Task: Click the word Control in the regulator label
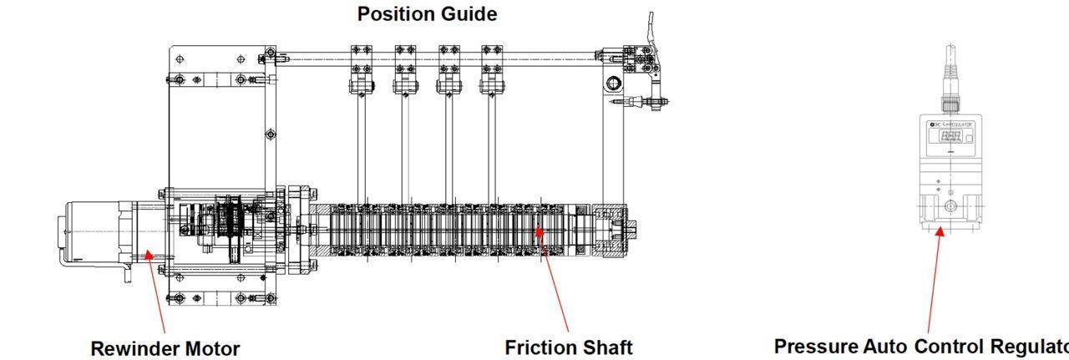[x=950, y=347]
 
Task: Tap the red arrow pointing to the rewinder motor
[x=155, y=292]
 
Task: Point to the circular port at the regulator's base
[x=950, y=205]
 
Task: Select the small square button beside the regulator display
[x=969, y=137]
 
